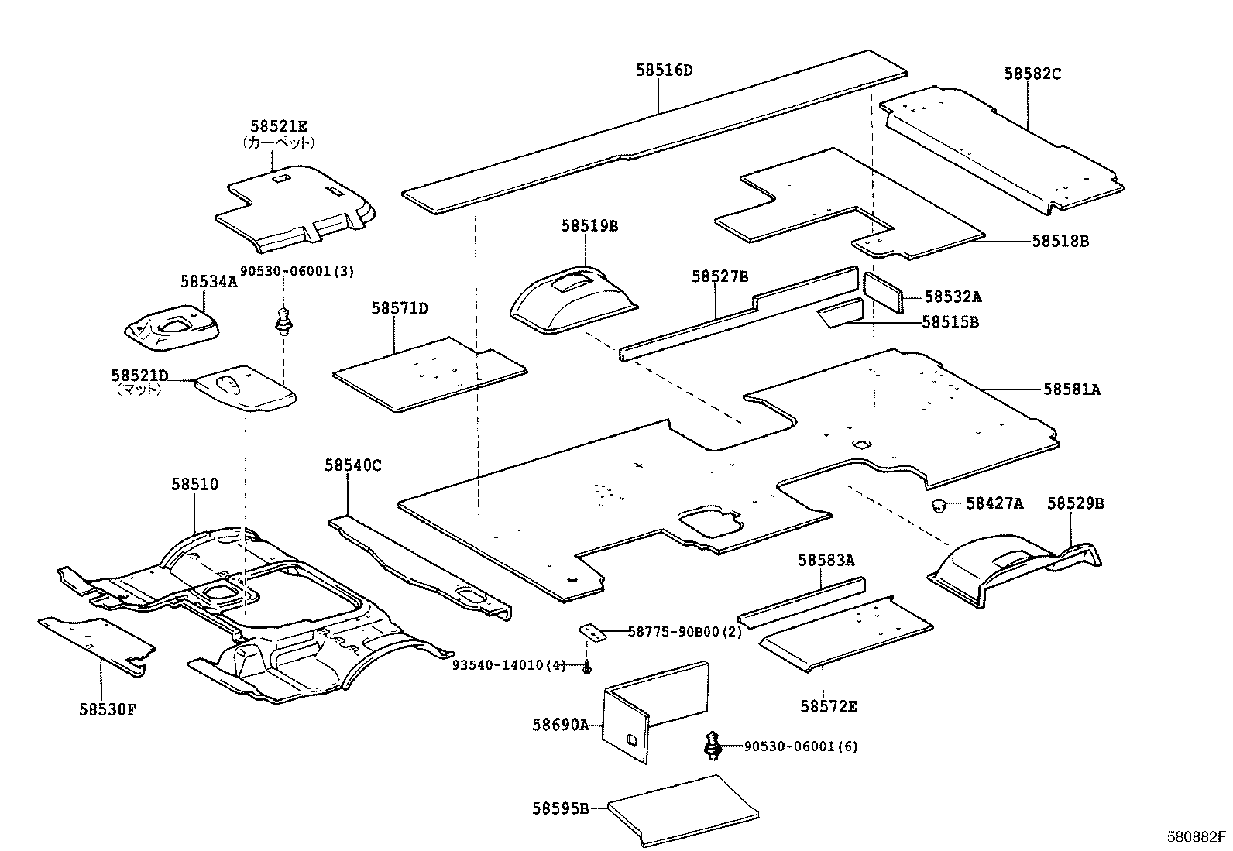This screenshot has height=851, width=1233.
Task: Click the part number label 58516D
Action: click(664, 70)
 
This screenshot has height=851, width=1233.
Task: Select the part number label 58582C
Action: click(1032, 74)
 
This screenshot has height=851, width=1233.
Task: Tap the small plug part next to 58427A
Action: click(939, 506)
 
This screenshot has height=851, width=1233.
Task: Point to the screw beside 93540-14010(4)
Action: click(588, 666)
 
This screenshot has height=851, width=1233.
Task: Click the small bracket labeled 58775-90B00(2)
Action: click(592, 633)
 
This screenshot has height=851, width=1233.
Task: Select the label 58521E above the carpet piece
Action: click(278, 126)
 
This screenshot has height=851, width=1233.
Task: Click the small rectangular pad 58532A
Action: click(883, 290)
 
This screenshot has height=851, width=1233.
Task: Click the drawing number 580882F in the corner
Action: click(1197, 837)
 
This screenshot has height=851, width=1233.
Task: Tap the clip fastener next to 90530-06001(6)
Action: click(712, 746)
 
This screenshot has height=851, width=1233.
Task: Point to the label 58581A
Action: click(1071, 389)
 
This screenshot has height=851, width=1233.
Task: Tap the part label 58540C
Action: click(353, 465)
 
